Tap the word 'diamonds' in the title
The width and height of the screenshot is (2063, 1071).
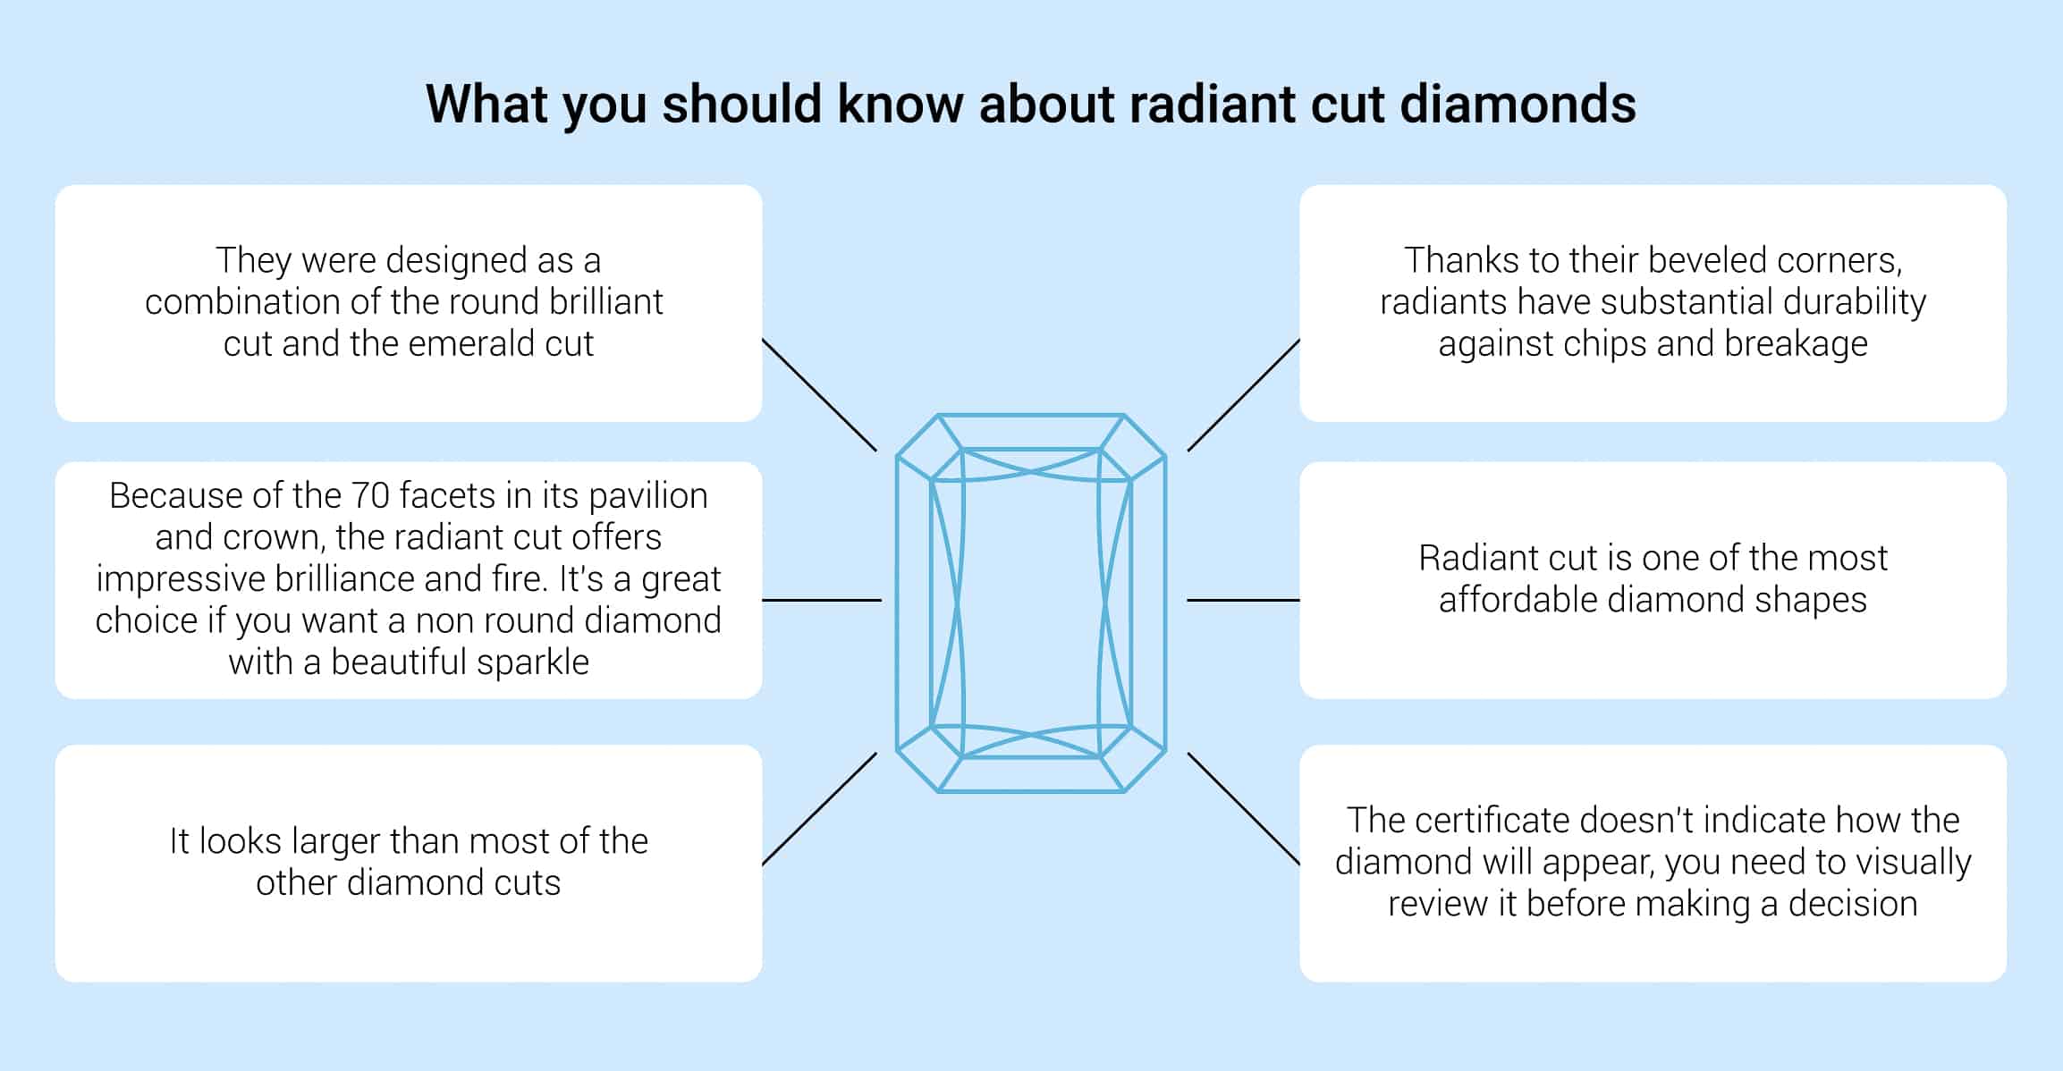tap(1518, 104)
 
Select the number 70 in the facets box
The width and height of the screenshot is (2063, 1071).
tap(370, 495)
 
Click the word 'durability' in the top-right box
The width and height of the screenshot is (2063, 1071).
tap(1854, 302)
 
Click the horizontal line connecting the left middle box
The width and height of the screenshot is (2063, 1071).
tap(822, 600)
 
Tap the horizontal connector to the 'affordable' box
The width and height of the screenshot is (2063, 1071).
tap(1243, 600)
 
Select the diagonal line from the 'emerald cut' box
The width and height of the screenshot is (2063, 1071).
tap(819, 394)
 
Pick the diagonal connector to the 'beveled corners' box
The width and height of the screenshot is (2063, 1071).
tap(1244, 394)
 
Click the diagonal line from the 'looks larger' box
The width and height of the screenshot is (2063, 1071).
tap(819, 809)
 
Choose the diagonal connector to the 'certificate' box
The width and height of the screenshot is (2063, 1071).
tap(1244, 809)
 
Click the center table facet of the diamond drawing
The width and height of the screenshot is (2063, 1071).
tap(1031, 603)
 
